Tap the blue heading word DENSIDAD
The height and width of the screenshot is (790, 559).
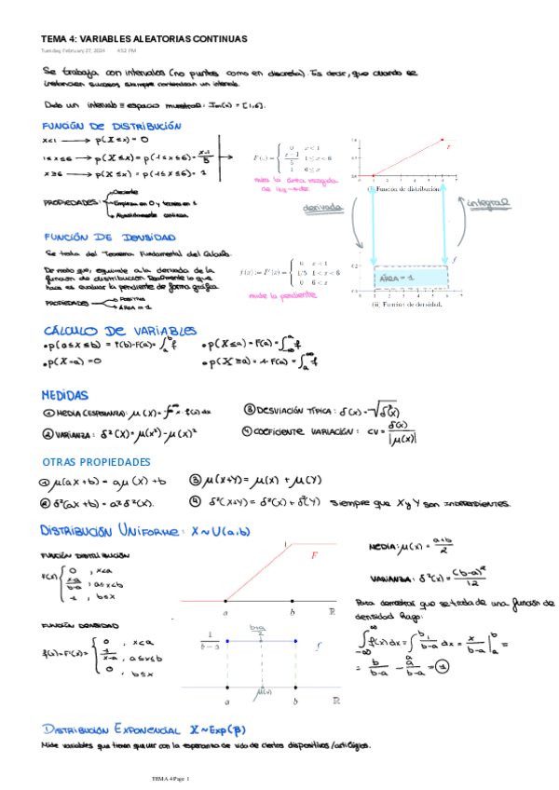click(139, 238)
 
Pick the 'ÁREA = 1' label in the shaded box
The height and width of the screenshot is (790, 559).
click(397, 278)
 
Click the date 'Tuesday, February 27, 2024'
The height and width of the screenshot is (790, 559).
click(72, 50)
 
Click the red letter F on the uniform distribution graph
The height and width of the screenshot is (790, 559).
click(315, 557)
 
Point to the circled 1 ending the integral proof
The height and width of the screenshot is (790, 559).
click(443, 665)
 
